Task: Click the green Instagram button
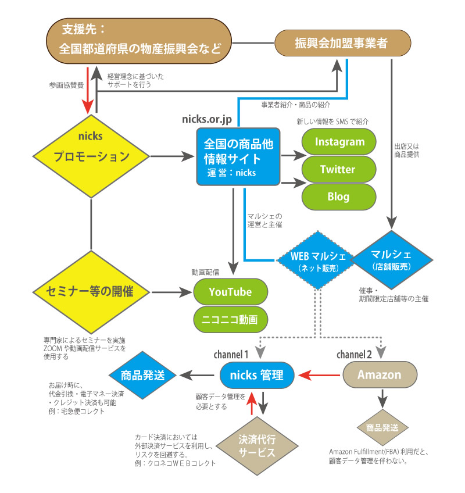coord(338,142)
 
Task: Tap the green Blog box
coord(338,197)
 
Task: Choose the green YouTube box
coord(230,292)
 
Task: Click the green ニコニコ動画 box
coord(230,319)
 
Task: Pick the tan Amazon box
coord(379,374)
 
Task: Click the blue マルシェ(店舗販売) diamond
coord(395,260)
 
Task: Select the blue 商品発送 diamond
coord(142,374)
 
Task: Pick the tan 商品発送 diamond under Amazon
coord(382,428)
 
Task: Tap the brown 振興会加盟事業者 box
coord(342,44)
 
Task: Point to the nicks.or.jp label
coord(208,119)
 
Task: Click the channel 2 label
coord(355,353)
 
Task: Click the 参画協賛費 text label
coord(66,85)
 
